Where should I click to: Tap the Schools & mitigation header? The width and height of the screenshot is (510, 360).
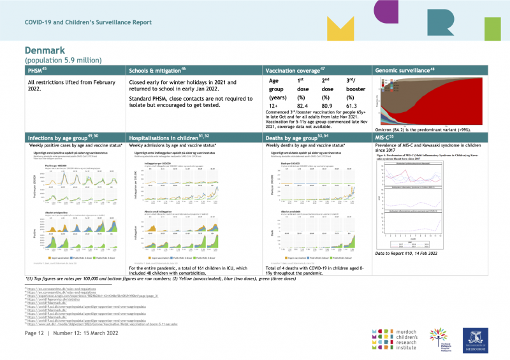pos(157,69)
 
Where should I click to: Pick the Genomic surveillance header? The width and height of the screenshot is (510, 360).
pos(405,69)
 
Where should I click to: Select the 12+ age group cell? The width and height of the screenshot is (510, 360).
pos(273,106)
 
